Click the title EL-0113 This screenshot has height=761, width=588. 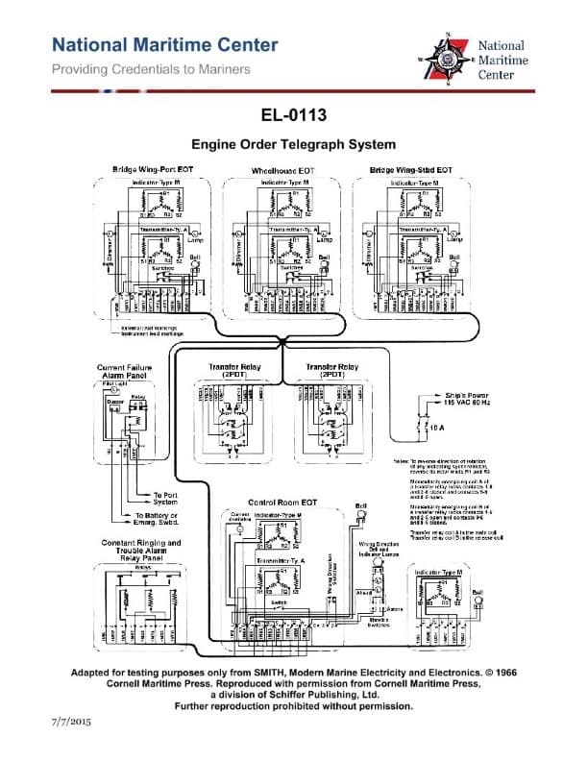click(293, 116)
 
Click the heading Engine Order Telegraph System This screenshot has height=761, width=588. click(293, 145)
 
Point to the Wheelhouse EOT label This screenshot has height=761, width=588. click(282, 170)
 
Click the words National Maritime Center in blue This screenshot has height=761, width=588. click(165, 45)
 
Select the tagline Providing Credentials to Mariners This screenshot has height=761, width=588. click(151, 69)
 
